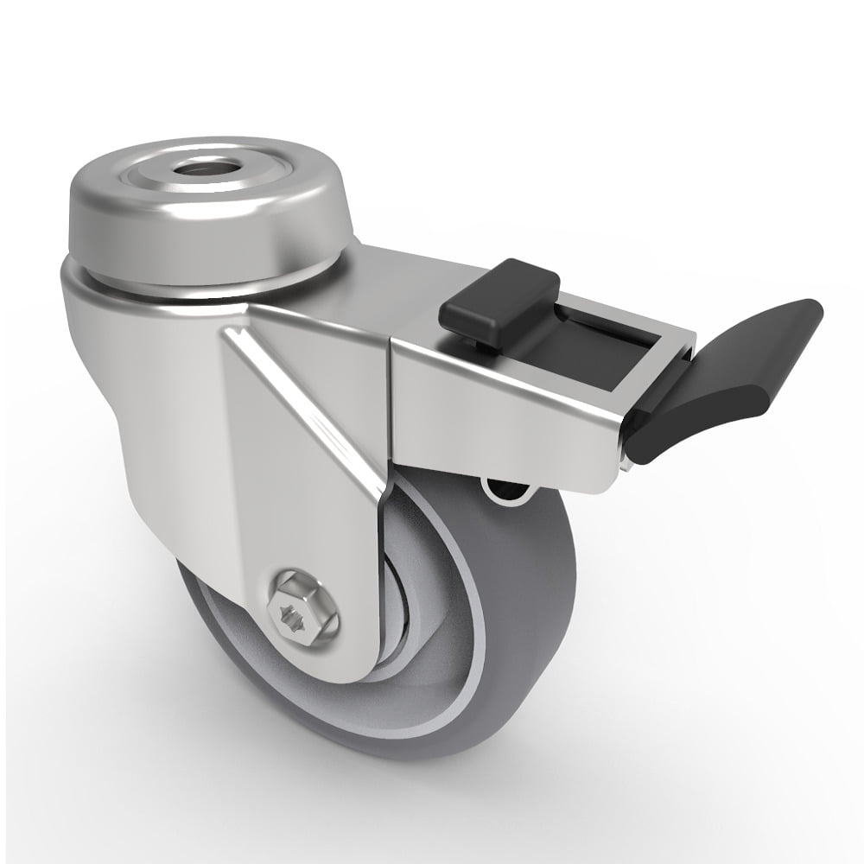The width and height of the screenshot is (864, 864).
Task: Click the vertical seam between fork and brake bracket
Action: coord(389,406)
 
